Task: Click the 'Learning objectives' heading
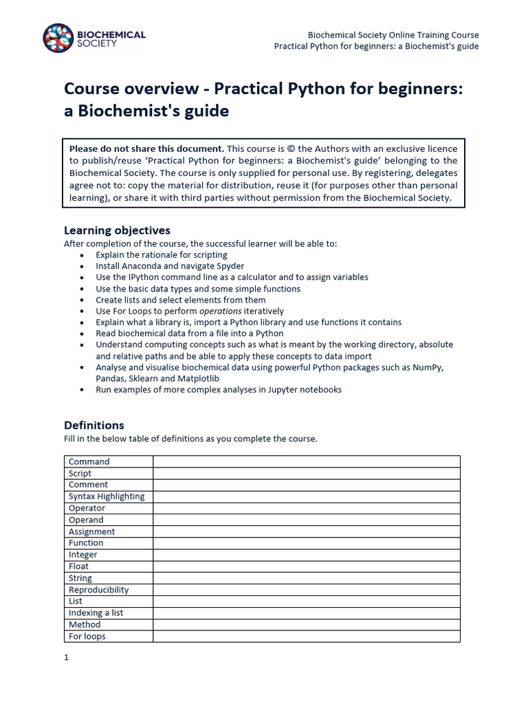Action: pos(117,230)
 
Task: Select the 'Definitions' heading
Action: pos(94,425)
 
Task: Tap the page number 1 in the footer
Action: pos(67,657)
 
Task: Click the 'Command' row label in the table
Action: pos(89,462)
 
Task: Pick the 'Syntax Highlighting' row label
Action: pos(107,496)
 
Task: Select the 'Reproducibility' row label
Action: pos(99,590)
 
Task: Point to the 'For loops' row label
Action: pos(87,636)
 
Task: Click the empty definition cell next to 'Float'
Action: pos(306,566)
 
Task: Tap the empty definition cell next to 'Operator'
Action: pos(306,508)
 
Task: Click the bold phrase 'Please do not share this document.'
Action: pos(146,148)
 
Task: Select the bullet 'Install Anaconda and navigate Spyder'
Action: pos(170,266)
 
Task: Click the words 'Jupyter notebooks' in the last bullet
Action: pos(305,390)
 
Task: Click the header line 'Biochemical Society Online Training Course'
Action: pos(393,35)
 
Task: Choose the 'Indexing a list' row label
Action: pos(96,613)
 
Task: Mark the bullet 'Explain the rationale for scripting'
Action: pos(162,254)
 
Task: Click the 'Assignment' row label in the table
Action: pos(92,531)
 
